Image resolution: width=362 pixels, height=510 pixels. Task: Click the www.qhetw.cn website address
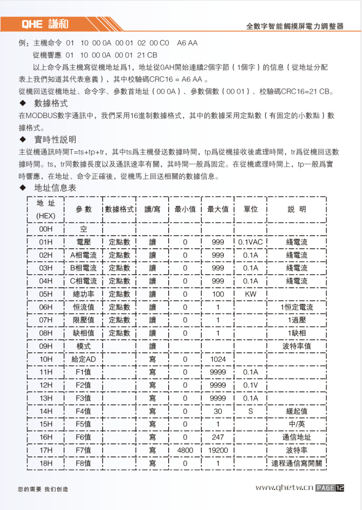(285, 488)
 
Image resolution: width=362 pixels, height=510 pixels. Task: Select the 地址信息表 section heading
(55, 188)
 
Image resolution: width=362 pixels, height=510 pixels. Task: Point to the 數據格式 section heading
(51, 104)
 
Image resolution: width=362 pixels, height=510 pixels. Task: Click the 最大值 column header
(218, 209)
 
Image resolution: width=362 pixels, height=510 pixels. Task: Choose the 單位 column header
(251, 209)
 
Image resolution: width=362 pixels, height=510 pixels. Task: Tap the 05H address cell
(46, 294)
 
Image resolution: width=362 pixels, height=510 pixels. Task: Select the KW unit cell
(251, 294)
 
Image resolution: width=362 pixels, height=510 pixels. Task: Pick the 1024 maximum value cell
(218, 359)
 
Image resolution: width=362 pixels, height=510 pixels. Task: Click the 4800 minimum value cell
(185, 450)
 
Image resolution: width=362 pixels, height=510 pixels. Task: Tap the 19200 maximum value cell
(218, 450)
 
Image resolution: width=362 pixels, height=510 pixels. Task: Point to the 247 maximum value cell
(218, 437)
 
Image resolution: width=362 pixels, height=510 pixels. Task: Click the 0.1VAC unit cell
(251, 242)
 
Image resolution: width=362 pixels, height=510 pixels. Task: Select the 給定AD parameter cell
(84, 359)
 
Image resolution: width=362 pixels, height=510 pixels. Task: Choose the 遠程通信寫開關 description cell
(296, 463)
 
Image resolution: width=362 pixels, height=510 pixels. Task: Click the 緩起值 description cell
(296, 411)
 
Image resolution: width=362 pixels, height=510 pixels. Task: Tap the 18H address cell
(46, 463)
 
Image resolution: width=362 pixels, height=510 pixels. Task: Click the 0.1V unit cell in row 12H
(251, 385)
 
